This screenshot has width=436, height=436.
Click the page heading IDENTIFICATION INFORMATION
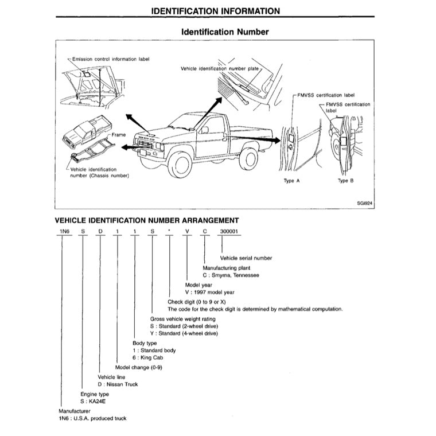[x=215, y=11]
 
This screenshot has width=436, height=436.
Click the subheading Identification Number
[x=224, y=32]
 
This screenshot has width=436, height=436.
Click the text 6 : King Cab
[x=151, y=358]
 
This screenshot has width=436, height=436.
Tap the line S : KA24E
[x=95, y=402]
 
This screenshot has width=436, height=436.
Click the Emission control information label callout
[x=110, y=59]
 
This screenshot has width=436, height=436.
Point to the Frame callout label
[x=119, y=134]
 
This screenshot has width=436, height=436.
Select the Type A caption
[x=292, y=181]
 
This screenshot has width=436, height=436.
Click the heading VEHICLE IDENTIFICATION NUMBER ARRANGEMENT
[x=146, y=220]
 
